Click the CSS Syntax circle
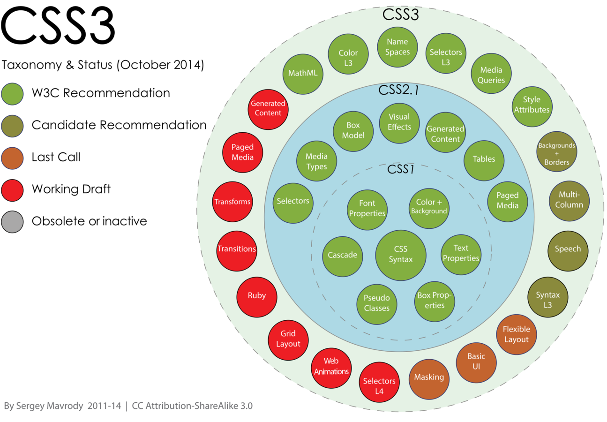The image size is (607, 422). coord(401,255)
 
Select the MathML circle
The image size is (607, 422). coord(303,74)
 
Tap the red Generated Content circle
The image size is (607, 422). coord(268,109)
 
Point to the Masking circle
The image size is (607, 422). coord(429,377)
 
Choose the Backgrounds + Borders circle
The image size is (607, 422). coord(556,151)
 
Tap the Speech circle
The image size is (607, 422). coord(568,250)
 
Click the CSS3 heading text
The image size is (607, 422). coord(400,14)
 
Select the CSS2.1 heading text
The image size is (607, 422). coord(398,90)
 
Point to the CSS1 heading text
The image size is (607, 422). coord(401,169)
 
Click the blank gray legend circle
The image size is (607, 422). coord(12,222)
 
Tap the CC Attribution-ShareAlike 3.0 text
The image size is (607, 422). coord(192,406)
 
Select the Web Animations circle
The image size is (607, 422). coord(331,368)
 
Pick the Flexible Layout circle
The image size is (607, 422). coord(516,334)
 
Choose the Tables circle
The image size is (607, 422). coord(484,160)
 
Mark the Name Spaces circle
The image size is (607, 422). coord(397,47)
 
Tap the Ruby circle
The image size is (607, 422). coord(257,296)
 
